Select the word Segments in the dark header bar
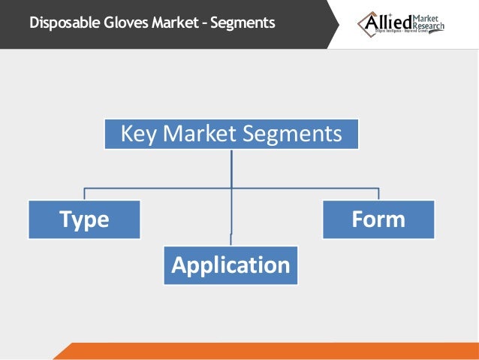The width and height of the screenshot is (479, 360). point(243,23)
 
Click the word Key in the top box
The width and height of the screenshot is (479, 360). point(137,135)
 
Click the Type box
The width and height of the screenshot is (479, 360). point(84,219)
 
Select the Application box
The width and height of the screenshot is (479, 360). point(230,265)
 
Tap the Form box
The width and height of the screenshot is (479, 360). point(378,219)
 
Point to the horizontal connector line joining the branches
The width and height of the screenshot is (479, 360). point(158,187)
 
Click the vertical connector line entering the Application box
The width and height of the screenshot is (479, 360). point(231,225)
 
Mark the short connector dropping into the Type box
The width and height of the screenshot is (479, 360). point(84,193)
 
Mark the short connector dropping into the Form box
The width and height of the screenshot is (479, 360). point(378,193)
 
